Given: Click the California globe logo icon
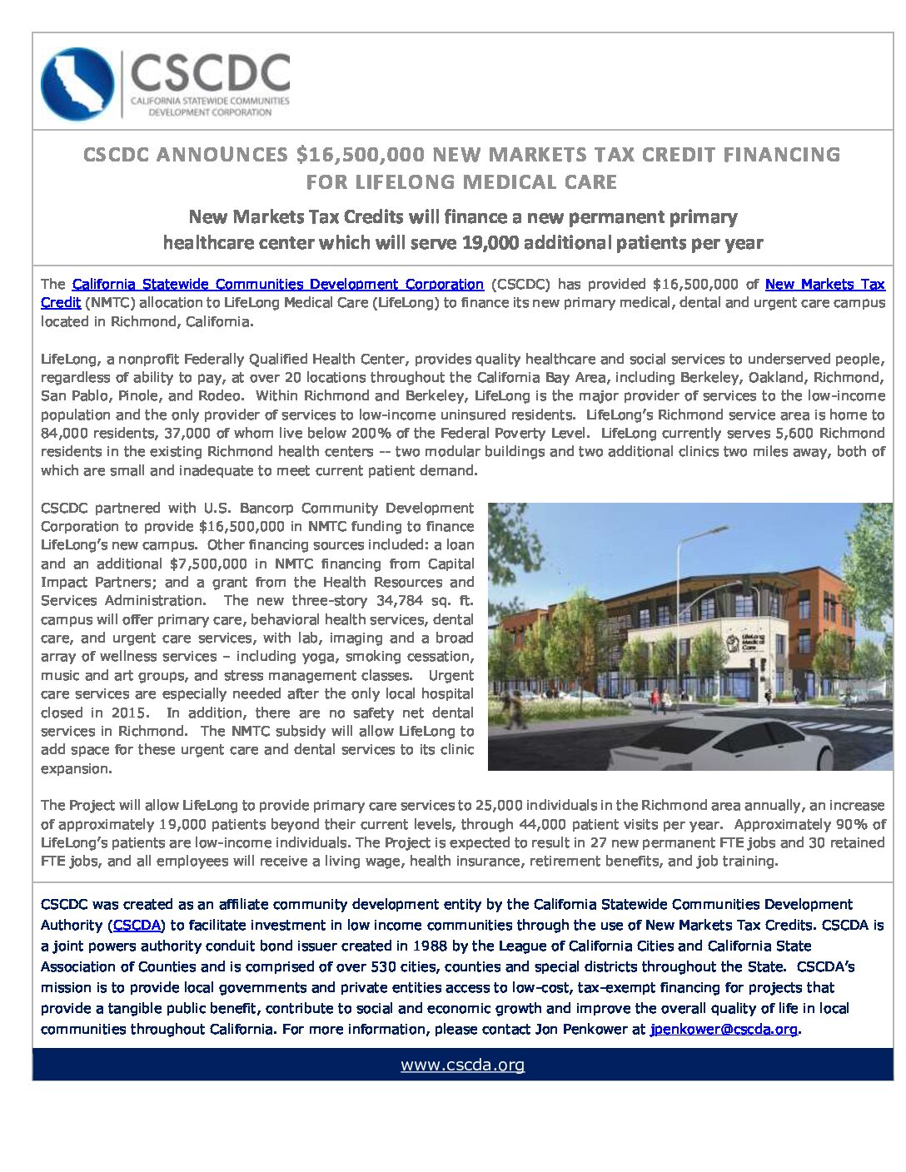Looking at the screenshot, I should tap(77, 84).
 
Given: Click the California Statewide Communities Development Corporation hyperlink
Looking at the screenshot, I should tap(277, 285).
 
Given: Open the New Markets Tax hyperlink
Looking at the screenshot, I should tap(824, 285).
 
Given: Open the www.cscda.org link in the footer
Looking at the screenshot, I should tap(462, 1065).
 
